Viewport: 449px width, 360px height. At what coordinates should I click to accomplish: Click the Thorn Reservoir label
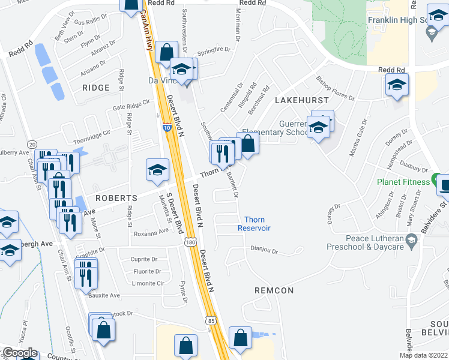[254, 224]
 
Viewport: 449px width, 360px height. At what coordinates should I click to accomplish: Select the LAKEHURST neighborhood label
[302, 100]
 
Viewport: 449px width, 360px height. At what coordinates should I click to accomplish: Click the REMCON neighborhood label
[274, 290]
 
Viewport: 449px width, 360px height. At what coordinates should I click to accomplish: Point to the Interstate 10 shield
[167, 127]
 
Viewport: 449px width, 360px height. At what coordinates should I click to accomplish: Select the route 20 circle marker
[32, 144]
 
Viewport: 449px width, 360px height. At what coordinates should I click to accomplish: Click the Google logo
[19, 353]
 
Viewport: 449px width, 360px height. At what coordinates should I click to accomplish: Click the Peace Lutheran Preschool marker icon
[411, 239]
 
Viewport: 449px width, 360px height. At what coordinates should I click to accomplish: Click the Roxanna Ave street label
[151, 230]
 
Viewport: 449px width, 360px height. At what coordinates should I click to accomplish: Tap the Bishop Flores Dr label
[337, 88]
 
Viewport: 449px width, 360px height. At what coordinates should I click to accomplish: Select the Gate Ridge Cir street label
[131, 106]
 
